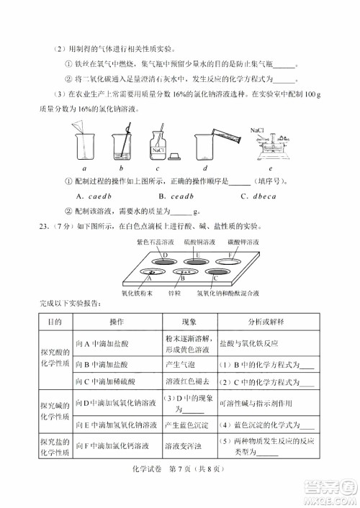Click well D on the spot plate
[165, 255]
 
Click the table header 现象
[188, 325]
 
